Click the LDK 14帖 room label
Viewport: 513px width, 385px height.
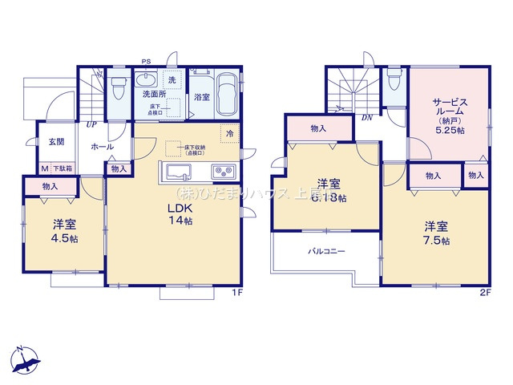180,214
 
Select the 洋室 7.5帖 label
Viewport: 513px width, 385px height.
436,233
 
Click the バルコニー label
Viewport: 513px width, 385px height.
327,252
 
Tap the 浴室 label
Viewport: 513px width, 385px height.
201,97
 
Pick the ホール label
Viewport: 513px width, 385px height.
102,147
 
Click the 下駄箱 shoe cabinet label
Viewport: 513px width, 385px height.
63,169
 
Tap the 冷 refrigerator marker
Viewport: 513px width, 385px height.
230,133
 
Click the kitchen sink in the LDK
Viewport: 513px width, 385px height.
176,171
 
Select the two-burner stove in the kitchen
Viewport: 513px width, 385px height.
222,171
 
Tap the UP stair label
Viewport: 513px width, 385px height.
93,125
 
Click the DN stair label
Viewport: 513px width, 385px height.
366,117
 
